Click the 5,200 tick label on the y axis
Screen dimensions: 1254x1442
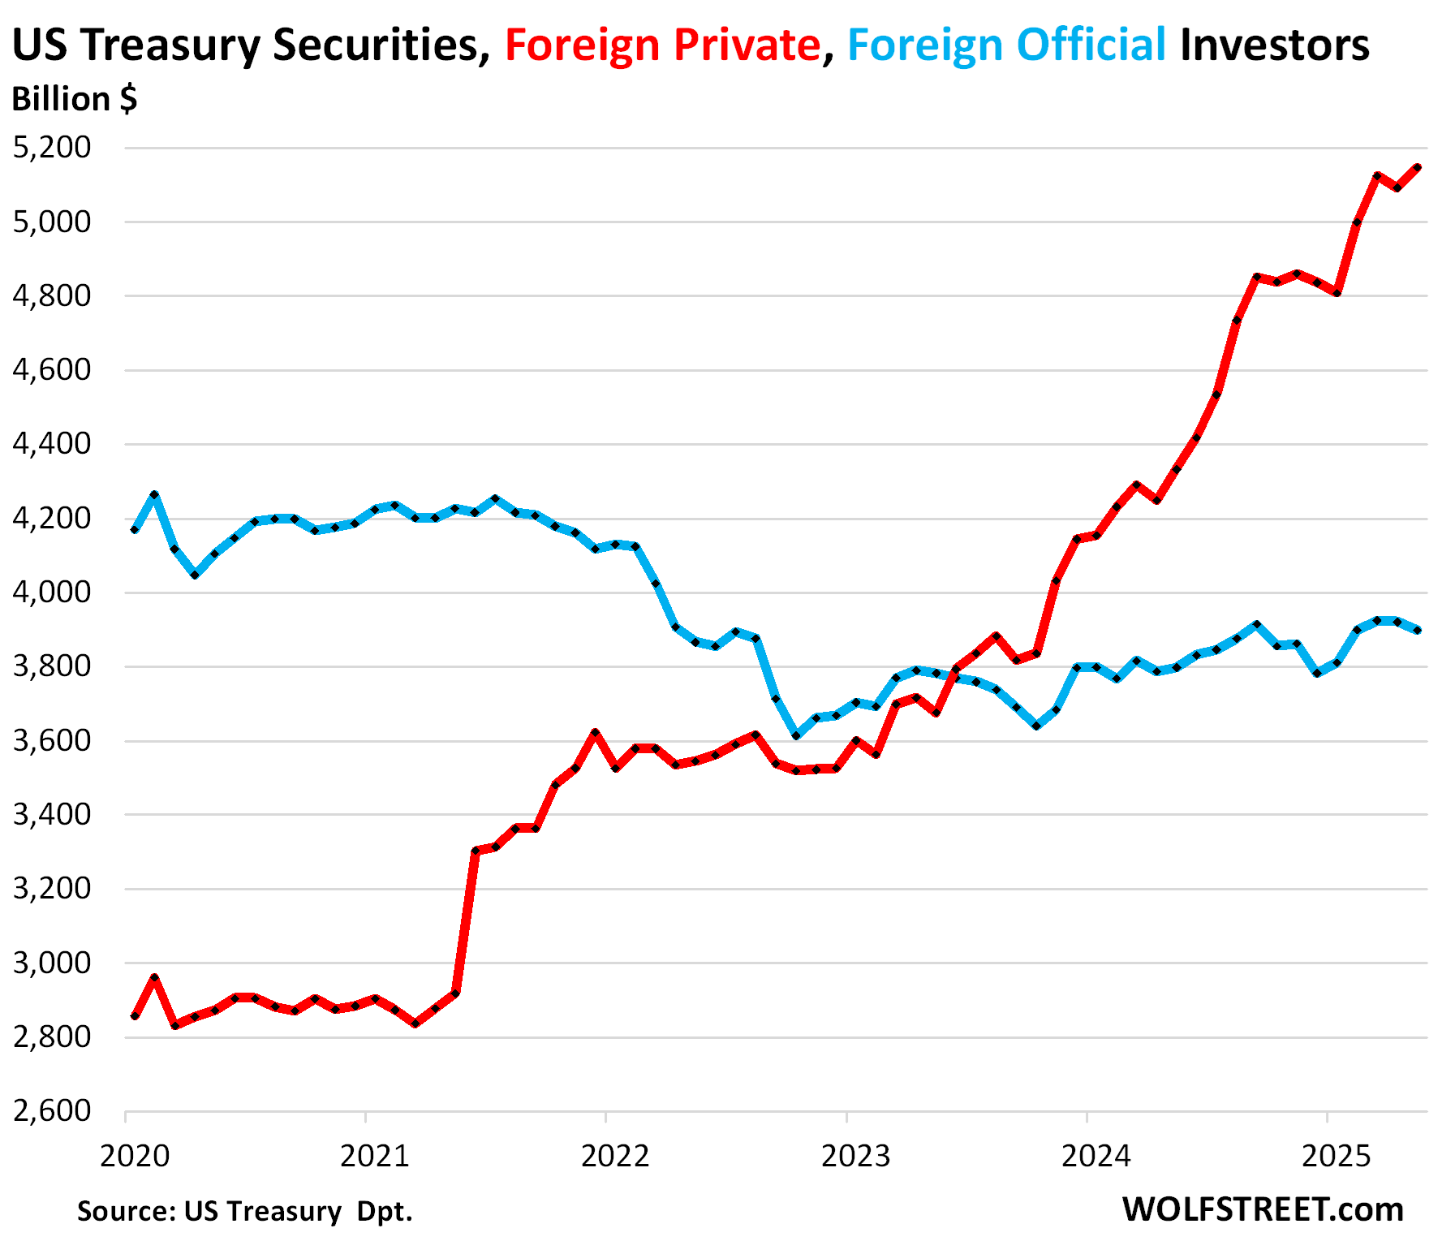[52, 148]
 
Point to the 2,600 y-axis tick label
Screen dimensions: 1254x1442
[52, 1110]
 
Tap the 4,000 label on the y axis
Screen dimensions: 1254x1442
[52, 593]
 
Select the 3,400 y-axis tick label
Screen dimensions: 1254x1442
[52, 814]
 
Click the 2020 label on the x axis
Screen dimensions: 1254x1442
[135, 1156]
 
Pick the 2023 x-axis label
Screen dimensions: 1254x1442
[855, 1156]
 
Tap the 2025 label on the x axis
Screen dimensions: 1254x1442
[1336, 1156]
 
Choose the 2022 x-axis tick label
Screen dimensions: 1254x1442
[615, 1156]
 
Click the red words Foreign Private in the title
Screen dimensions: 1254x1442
[662, 45]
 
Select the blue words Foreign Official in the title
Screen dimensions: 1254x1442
[1006, 45]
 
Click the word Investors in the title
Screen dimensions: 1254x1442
[1274, 45]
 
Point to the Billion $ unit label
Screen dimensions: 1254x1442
[75, 99]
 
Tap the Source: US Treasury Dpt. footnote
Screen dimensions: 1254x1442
[245, 1211]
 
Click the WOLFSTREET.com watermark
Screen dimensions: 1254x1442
[1263, 1209]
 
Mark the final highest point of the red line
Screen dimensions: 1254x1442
[1417, 167]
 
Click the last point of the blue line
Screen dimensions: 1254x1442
[1417, 630]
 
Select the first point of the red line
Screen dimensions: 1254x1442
[135, 1016]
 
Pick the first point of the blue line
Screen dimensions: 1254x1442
[135, 530]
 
